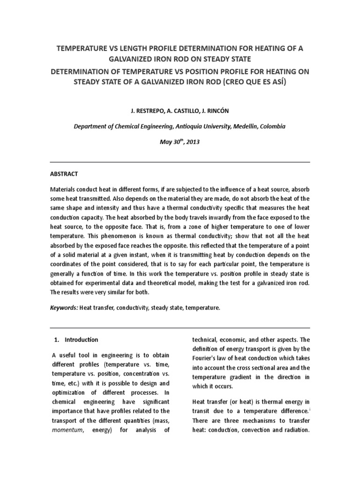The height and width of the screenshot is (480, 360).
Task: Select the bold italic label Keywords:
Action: tap(64, 308)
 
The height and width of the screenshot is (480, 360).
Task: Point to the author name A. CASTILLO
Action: tap(178, 111)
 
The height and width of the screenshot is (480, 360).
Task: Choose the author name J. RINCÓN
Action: tap(215, 111)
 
